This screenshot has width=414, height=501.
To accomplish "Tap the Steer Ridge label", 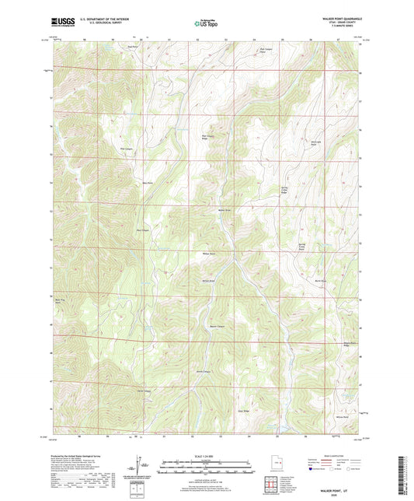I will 242,406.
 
